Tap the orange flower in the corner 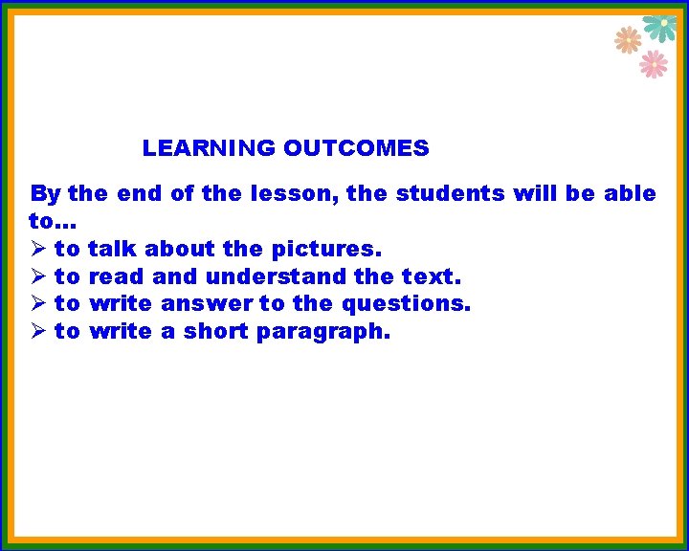point(627,39)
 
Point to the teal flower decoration point(660,27)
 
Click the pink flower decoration point(654,64)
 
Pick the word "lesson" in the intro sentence point(293,194)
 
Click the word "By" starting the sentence point(45,194)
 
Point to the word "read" point(114,277)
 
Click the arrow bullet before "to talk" point(38,250)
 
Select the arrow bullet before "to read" point(38,277)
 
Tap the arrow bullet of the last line point(38,332)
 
